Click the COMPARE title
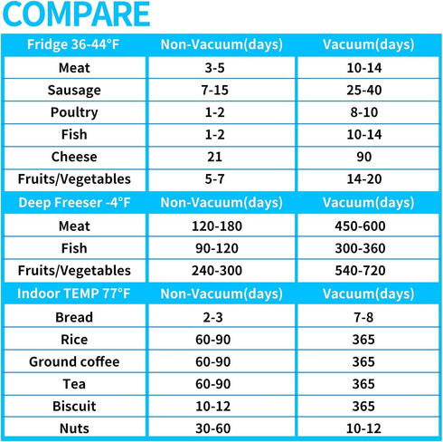pos(76,14)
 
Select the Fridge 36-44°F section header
pos(73,44)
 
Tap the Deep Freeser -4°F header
pos(74,202)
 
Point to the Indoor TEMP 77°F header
pos(74,293)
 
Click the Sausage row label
pos(74,91)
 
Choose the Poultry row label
pos(74,112)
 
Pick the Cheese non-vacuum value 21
pos(214,157)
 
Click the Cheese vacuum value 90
pos(364,157)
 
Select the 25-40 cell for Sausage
pos(364,91)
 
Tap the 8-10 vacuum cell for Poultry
pos(364,112)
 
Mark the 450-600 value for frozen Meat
pos(360,226)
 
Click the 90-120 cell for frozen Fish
pos(217,248)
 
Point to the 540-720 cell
pos(360,271)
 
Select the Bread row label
pos(74,317)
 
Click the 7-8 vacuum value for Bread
pos(363,318)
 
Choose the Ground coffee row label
pos(74,361)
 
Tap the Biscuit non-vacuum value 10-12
pos(213,407)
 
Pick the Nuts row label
pos(74,428)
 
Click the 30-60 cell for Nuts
pos(213,428)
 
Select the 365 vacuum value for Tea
pos(363,384)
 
